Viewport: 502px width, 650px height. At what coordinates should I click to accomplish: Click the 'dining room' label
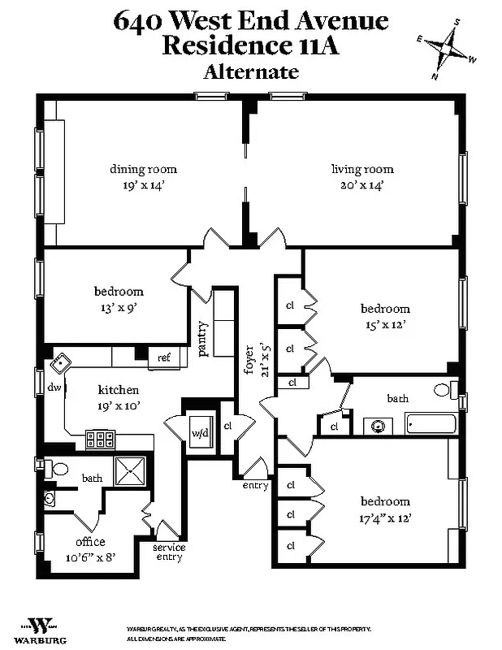[143, 169]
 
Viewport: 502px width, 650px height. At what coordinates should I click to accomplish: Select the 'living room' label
[362, 169]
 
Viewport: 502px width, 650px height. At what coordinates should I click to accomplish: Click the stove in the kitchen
[101, 440]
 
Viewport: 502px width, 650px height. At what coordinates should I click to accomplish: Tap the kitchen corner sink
[60, 363]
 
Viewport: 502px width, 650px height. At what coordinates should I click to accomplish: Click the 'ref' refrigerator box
[163, 357]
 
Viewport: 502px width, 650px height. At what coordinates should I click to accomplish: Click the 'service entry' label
[169, 552]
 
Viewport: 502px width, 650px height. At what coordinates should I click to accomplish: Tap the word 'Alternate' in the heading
[251, 71]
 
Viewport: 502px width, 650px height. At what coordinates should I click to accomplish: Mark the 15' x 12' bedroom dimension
[384, 324]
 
